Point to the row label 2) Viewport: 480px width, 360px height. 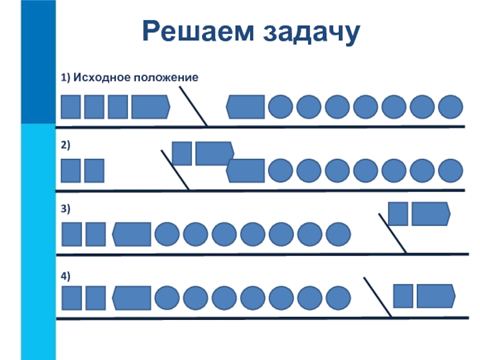65,145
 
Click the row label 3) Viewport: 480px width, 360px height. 65,208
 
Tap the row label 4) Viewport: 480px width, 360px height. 65,275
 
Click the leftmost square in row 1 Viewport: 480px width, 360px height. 71,107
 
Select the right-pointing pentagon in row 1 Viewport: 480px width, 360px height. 150,107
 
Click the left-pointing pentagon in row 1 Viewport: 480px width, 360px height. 245,107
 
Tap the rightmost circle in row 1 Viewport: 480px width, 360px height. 451,107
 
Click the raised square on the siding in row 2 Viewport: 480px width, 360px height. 182,153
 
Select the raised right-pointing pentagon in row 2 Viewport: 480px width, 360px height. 214,153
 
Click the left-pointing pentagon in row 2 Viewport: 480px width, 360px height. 245,170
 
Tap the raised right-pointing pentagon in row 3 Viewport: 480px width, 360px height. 430,214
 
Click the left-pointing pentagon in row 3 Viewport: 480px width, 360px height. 131,234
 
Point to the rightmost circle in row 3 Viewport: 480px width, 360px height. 338,234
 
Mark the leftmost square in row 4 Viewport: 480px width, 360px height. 72,298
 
